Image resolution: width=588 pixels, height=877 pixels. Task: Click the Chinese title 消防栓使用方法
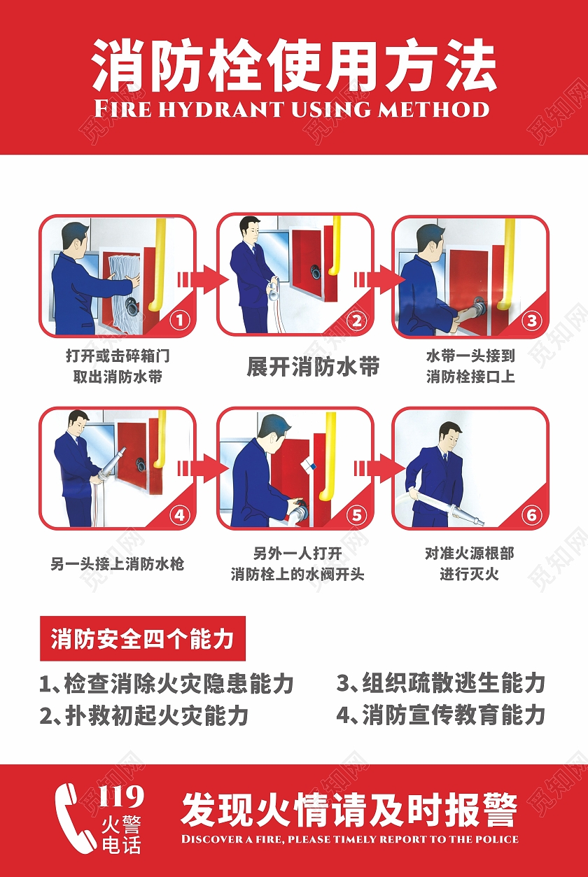click(x=294, y=66)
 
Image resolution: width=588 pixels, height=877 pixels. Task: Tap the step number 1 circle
click(x=180, y=321)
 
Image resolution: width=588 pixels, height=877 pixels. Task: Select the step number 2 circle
click(x=357, y=321)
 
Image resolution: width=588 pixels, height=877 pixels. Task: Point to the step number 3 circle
click(x=533, y=321)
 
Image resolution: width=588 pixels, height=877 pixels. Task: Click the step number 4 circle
click(x=180, y=515)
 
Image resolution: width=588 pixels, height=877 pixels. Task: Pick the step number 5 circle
click(x=357, y=515)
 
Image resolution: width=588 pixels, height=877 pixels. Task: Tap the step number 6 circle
click(x=533, y=515)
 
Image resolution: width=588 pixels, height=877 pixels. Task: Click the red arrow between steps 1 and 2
click(x=204, y=279)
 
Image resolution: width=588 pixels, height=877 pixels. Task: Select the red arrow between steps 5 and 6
click(x=380, y=468)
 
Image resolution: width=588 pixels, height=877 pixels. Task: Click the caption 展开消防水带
click(x=313, y=367)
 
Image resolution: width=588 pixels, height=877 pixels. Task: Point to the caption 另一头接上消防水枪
click(x=117, y=564)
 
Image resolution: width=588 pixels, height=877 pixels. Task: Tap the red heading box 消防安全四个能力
click(x=143, y=638)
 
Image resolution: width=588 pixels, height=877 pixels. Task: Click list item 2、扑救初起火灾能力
click(x=144, y=715)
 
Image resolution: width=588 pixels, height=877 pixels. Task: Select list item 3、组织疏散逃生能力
click(x=441, y=683)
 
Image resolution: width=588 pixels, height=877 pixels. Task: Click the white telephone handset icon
click(x=74, y=816)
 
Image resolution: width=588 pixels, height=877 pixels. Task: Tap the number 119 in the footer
click(x=121, y=797)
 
